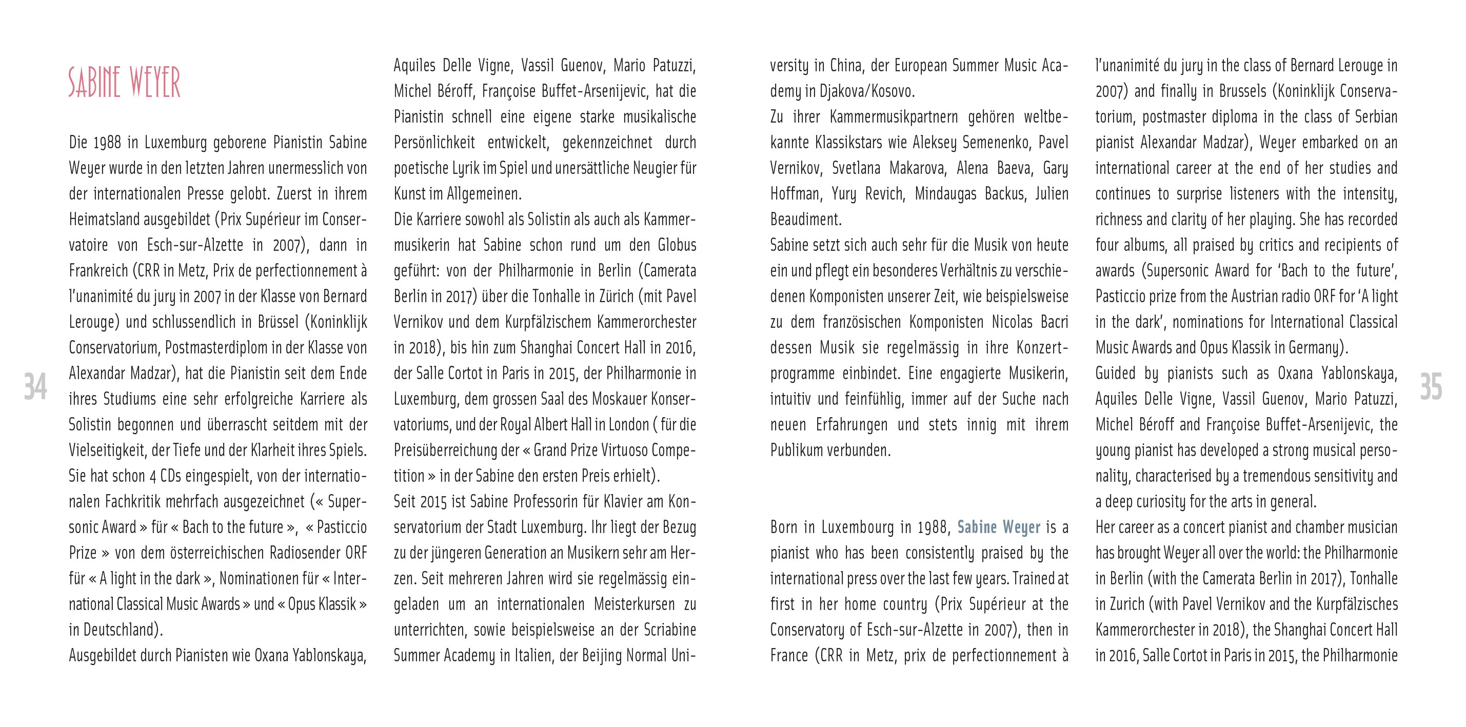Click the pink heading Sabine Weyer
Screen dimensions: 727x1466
click(124, 83)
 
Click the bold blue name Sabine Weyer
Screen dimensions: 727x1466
click(999, 527)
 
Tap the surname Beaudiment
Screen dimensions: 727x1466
click(805, 219)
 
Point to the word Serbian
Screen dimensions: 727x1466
click(1375, 116)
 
